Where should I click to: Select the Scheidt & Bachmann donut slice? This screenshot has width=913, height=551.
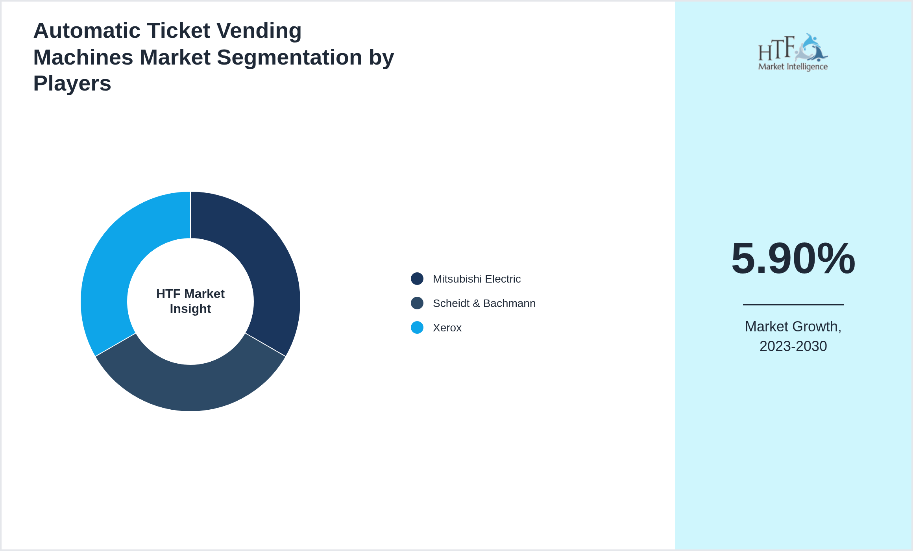190,388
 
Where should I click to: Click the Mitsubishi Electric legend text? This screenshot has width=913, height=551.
477,279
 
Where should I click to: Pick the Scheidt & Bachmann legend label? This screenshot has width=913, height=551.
484,303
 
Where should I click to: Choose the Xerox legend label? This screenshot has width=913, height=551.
447,328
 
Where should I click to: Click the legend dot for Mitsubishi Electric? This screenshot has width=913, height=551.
417,279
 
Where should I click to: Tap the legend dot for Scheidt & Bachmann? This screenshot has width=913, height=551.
417,303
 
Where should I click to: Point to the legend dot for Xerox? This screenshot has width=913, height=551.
417,327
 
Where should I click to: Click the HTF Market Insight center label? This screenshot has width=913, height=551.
190,301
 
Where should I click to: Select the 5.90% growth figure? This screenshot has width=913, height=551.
793,259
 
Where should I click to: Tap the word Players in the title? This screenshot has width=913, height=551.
72,83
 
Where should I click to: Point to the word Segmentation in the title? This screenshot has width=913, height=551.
289,57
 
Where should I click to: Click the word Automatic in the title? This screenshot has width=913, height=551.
87,31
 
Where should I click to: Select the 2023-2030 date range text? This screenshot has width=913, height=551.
793,346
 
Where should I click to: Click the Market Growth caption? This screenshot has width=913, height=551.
793,327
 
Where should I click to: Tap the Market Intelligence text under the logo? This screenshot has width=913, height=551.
793,67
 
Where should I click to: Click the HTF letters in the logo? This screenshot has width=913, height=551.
776,49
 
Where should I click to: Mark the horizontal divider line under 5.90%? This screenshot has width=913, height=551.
793,304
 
